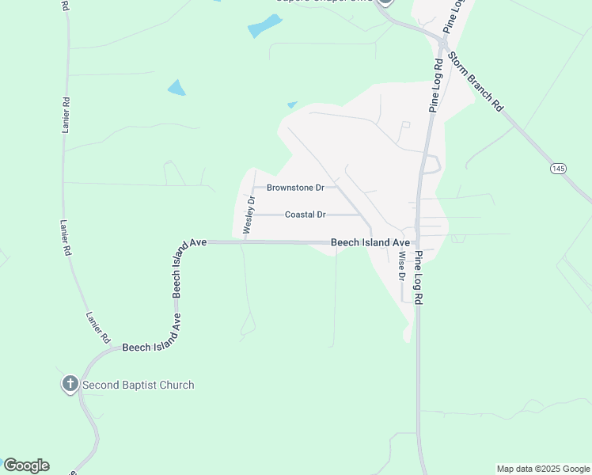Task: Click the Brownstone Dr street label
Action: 296,188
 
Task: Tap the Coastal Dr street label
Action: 305,215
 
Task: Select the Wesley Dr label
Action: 249,214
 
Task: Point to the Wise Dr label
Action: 402,267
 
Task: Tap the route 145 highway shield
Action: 559,169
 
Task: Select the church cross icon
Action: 70,385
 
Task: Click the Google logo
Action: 26,465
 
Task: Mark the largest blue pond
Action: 264,26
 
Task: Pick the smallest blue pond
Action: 292,104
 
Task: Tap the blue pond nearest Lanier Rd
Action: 176,87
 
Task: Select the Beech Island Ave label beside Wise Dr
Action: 370,242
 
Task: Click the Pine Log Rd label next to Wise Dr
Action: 419,276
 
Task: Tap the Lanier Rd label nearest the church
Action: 98,327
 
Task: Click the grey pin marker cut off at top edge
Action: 385,2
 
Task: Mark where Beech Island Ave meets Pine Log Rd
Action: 417,243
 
